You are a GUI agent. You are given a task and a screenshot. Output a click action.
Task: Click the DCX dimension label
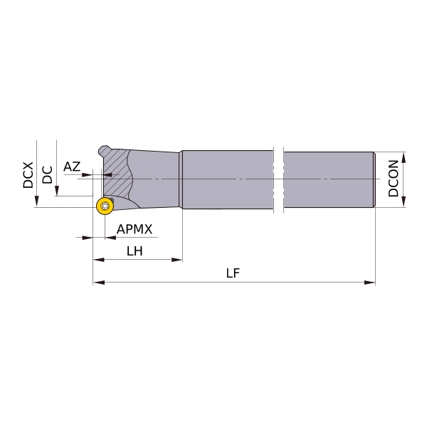click(x=28, y=175)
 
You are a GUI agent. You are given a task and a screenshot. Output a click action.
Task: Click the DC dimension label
click(x=48, y=175)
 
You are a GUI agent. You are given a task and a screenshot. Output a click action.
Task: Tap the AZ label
click(x=72, y=167)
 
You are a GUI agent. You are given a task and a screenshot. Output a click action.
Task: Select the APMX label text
click(x=135, y=229)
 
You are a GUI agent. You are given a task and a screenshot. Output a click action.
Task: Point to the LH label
click(x=135, y=251)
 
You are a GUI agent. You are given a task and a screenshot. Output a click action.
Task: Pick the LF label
click(x=233, y=273)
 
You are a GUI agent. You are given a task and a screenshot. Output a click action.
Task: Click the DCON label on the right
click(x=394, y=179)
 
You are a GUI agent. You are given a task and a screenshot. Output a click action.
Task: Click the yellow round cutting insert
click(x=105, y=206)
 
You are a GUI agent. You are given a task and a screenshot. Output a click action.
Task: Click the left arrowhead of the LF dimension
click(x=99, y=283)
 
